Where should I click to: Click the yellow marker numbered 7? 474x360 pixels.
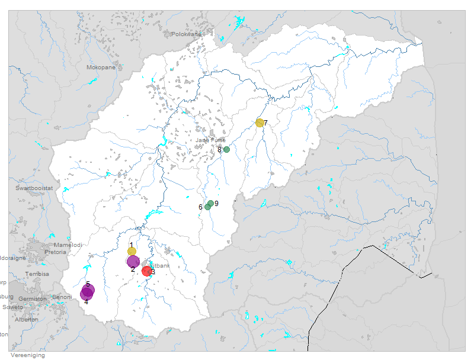[x=260, y=123]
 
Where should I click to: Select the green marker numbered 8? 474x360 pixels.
[x=226, y=149]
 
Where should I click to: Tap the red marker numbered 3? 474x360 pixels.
[x=147, y=271]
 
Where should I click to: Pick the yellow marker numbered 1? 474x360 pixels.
[x=132, y=251]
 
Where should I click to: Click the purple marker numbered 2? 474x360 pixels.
[x=133, y=261]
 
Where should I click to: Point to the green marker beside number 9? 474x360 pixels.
[x=211, y=204]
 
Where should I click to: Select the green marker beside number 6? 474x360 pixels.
[x=207, y=207]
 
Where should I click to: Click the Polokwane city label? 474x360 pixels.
[x=187, y=34]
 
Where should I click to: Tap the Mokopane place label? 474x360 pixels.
[x=101, y=67]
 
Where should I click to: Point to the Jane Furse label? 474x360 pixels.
[x=210, y=140]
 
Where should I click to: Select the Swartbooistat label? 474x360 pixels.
[x=34, y=188]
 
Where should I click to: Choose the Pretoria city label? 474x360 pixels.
[x=55, y=252]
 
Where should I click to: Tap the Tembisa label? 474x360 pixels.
[x=37, y=274]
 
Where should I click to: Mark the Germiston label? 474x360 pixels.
[x=32, y=299]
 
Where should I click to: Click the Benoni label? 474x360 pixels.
[x=62, y=297]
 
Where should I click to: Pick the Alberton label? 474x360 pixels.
[x=27, y=319]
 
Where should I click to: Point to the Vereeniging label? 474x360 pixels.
[x=27, y=355]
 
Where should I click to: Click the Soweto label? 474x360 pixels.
[x=13, y=307]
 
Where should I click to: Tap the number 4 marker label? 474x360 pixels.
[x=86, y=302]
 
